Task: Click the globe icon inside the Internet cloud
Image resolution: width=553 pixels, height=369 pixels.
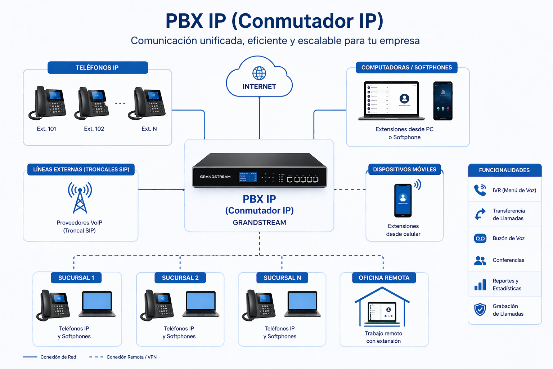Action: [259, 73]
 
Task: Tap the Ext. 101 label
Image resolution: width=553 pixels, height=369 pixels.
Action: [46, 129]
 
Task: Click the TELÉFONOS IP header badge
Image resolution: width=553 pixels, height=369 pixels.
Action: [98, 68]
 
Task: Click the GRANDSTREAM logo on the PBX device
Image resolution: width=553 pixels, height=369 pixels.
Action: [215, 177]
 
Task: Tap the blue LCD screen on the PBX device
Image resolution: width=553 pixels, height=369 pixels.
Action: [248, 177]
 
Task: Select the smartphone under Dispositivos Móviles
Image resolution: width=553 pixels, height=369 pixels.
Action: [403, 200]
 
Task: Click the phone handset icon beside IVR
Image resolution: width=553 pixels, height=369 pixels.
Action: [480, 190]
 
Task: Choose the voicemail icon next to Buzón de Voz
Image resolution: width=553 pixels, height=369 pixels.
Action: [480, 239]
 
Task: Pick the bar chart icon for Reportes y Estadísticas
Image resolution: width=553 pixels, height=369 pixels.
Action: [480, 285]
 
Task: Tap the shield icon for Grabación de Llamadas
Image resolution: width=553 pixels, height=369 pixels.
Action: [480, 310]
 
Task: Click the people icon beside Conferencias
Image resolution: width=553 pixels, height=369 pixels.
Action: [480, 261]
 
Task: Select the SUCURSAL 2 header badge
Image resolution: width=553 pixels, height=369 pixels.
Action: [180, 278]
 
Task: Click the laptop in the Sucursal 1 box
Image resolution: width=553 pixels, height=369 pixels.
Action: [97, 304]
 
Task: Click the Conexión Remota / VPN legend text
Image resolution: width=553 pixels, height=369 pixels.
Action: [131, 357]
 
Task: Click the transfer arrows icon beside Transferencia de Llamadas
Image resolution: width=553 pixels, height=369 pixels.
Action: [480, 214]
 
